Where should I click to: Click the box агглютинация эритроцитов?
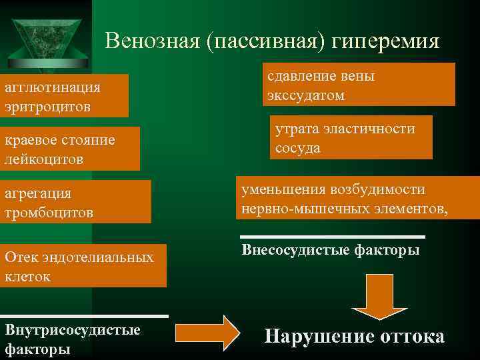(x=64, y=97)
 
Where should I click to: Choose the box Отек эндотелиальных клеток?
(x=83, y=266)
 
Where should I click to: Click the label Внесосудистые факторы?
(x=331, y=251)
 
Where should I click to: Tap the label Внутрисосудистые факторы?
(x=73, y=339)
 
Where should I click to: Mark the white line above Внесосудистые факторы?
(x=332, y=237)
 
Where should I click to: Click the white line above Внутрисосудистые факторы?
(x=84, y=316)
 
